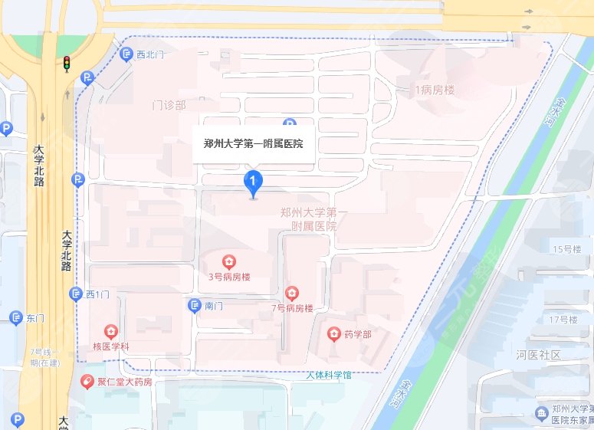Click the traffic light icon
(66, 64)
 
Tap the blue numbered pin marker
(253, 182)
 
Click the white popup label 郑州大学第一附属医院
(253, 143)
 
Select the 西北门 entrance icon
(127, 54)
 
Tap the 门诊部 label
(169, 105)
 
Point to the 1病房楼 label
(435, 90)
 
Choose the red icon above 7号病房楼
(291, 293)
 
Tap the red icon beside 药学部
(334, 333)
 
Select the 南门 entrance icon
(195, 306)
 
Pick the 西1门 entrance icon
(76, 294)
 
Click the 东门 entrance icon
(15, 318)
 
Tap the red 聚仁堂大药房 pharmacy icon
(89, 381)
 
